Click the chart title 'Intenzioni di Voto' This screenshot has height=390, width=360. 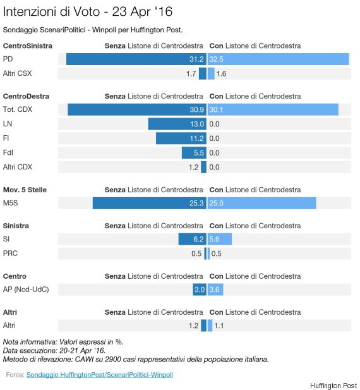51,11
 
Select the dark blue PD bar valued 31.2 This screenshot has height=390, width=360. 136,59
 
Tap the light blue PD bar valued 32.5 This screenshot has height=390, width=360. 279,59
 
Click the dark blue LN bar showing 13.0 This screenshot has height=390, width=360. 177,124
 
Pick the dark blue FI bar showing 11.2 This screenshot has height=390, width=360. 181,138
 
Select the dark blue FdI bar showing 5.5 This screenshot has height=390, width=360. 194,153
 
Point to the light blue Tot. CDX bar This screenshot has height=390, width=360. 273,109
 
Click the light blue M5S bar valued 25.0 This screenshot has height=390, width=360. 262,203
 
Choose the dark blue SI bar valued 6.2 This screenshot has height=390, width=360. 192,239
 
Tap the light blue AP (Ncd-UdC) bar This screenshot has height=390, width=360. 215,289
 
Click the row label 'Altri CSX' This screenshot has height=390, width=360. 18,73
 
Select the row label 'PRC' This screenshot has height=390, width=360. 10,253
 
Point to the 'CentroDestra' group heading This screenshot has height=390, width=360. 26,96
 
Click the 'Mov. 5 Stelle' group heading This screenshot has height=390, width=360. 25,190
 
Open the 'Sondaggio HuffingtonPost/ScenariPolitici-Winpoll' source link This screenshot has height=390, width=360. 100,375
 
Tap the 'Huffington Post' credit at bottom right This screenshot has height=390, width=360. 333,386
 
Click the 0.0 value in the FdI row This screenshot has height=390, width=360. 214,153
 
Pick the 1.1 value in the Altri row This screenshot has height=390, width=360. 219,326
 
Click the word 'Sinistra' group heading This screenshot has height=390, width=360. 16,226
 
